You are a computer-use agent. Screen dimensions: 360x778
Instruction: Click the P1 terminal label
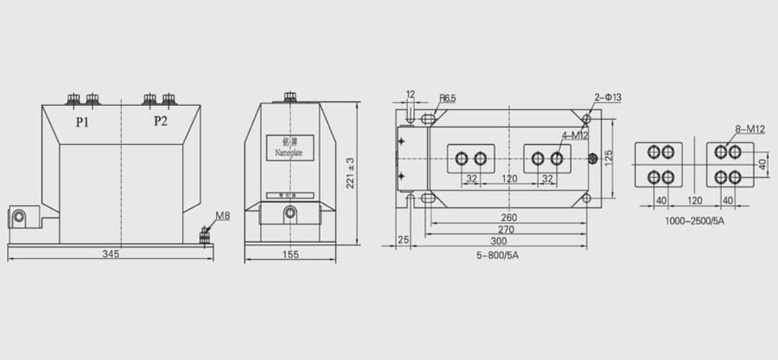point(83,122)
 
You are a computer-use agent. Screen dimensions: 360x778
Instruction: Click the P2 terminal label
point(161,121)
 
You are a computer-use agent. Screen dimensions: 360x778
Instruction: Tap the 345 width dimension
point(110,254)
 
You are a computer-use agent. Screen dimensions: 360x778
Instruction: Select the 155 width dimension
point(290,254)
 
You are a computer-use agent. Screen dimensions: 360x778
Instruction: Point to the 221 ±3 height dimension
point(350,173)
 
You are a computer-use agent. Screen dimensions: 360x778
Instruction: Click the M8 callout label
point(223,216)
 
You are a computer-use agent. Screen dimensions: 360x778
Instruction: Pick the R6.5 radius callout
point(447,99)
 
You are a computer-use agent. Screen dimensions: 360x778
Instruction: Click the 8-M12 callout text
point(750,130)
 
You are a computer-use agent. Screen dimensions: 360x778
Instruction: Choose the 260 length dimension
point(509,217)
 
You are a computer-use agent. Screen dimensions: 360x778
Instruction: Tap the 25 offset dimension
point(403,239)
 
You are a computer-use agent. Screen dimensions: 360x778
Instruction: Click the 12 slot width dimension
point(411,94)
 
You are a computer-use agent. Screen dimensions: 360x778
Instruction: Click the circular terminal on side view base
point(290,212)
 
